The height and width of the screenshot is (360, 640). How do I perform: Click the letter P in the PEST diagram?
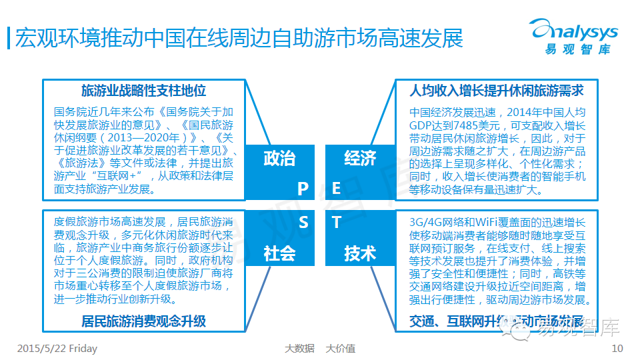click(x=303, y=189)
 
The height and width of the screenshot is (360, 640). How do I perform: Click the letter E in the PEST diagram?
click(x=337, y=189)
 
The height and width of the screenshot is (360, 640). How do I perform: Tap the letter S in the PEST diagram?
click(x=303, y=222)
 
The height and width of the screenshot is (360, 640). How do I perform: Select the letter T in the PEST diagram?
click(x=337, y=222)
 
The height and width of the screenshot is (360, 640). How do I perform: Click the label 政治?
click(x=279, y=159)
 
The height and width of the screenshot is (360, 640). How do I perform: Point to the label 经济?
click(x=360, y=159)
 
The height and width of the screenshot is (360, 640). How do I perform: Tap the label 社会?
click(x=279, y=253)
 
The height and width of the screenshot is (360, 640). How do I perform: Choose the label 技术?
click(x=360, y=253)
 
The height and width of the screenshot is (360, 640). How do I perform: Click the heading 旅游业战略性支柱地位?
click(x=143, y=91)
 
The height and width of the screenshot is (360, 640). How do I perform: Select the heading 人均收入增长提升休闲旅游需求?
click(x=497, y=91)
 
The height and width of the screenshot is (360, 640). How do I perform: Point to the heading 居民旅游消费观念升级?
click(x=143, y=321)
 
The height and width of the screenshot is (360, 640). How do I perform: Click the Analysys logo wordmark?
click(x=574, y=31)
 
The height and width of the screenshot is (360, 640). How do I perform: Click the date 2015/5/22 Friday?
click(x=57, y=348)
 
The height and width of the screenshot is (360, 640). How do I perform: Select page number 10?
click(x=617, y=348)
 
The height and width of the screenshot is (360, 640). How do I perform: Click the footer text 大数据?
click(x=299, y=348)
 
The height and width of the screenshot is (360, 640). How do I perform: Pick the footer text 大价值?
click(x=340, y=348)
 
